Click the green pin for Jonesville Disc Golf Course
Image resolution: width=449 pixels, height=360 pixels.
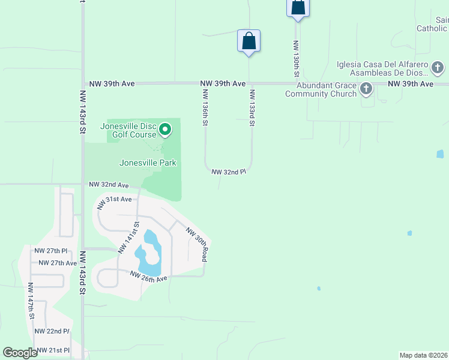(166, 129)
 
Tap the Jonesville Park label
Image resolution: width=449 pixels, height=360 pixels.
(148, 163)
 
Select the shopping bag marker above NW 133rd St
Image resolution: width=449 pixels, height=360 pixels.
(249, 41)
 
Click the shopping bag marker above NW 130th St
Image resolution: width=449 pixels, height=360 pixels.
(297, 7)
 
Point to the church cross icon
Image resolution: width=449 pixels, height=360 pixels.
(366, 89)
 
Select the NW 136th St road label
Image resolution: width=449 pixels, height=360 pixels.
(205, 107)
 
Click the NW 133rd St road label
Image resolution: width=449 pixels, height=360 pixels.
(253, 107)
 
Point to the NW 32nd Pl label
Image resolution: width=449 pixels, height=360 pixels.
(229, 172)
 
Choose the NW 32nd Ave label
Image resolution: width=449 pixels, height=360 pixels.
(109, 185)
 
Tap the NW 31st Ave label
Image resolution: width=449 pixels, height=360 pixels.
(114, 199)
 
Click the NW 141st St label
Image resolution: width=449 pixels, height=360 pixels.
(129, 238)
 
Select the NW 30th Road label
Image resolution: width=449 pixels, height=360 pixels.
(197, 244)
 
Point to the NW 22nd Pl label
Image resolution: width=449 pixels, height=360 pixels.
(52, 331)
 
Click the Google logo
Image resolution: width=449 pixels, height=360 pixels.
(20, 353)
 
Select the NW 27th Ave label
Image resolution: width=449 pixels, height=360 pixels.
(58, 263)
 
